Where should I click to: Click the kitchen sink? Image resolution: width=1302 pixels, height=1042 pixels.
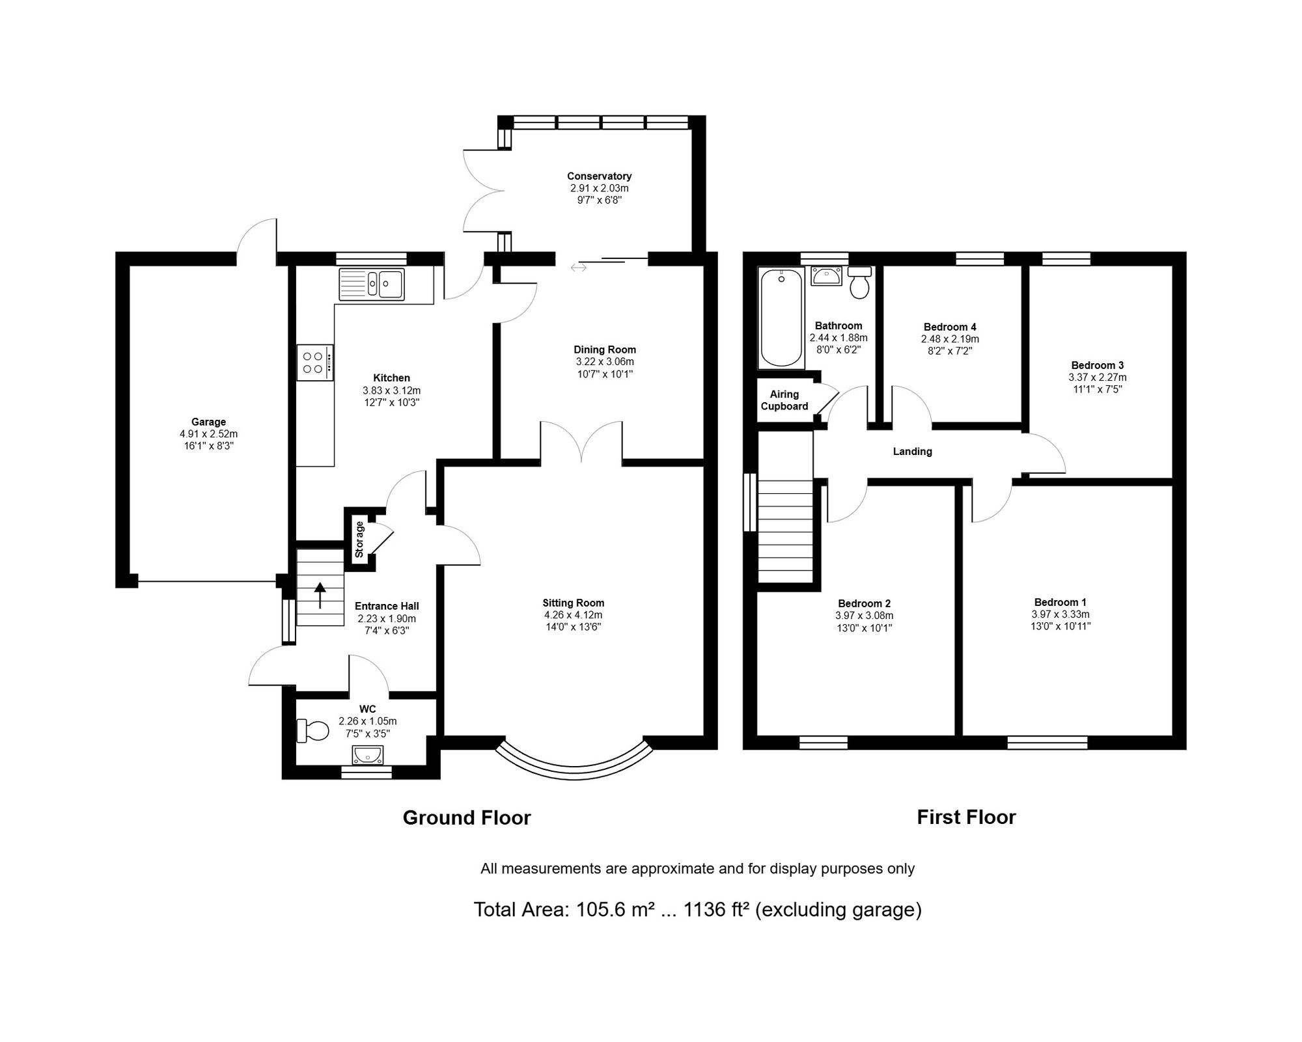[x=371, y=284]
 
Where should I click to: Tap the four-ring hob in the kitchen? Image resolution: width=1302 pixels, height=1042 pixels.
[x=315, y=363]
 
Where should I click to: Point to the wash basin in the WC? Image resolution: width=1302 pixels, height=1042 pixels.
[x=368, y=755]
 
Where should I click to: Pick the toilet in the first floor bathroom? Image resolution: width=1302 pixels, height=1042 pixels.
[x=860, y=282]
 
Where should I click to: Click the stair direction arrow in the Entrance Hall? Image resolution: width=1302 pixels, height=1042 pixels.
[x=320, y=595]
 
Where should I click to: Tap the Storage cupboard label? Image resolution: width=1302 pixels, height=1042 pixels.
[x=359, y=540]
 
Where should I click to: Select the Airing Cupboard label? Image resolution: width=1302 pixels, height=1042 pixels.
[x=784, y=400]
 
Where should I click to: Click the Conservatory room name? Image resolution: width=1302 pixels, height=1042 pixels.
[x=599, y=176]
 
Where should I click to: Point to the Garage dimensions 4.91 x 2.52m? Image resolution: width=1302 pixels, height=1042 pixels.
[x=208, y=434]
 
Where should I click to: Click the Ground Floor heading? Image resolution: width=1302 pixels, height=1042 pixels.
[x=467, y=818]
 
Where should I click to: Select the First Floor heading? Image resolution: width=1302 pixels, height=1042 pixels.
[x=966, y=817]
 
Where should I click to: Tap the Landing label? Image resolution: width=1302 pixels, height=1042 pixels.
[x=912, y=452]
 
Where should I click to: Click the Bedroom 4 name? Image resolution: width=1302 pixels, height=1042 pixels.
[x=950, y=327]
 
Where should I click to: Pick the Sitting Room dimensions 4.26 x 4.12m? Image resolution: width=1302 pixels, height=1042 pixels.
[x=574, y=615]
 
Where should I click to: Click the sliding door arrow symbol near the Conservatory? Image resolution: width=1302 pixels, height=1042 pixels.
[x=579, y=267]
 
